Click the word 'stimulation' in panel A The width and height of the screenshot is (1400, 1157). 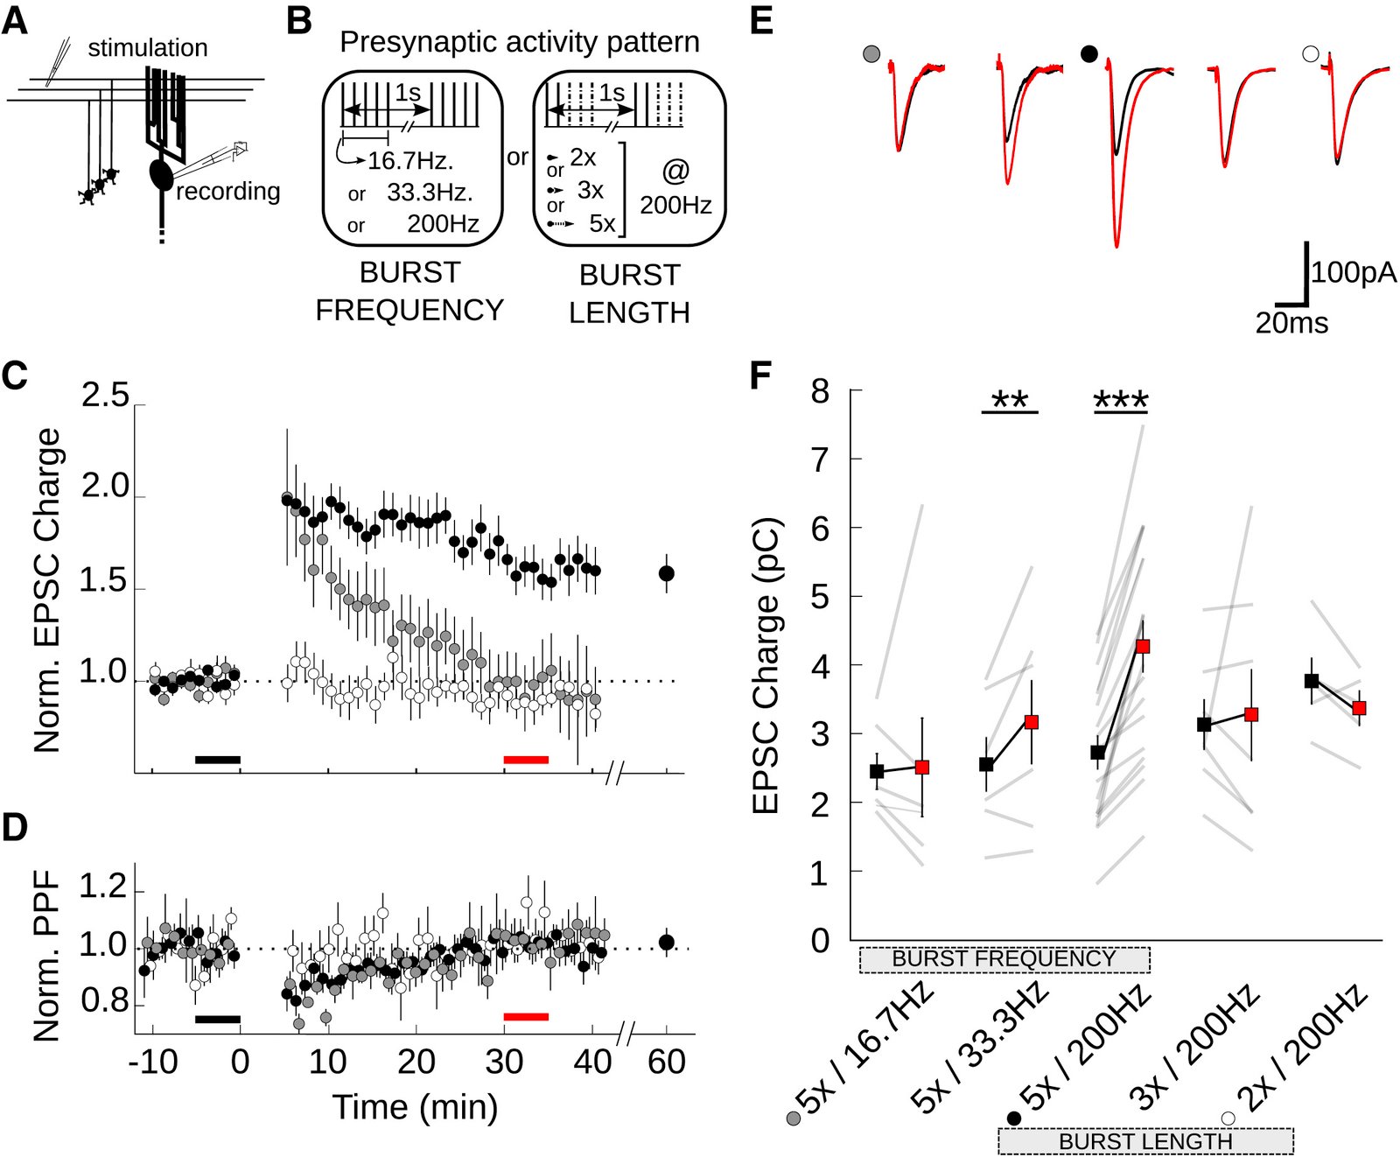point(148,48)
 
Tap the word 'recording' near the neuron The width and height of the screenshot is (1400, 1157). point(228,191)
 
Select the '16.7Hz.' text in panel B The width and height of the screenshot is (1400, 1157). point(410,161)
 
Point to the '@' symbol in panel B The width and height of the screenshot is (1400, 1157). point(675,171)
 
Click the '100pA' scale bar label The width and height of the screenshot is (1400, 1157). point(1354,273)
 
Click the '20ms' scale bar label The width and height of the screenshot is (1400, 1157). point(1291,323)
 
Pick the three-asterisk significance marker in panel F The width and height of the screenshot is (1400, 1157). point(1121,402)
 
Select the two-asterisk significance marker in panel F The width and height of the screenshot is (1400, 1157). point(1010,402)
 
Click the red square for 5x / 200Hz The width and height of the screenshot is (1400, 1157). point(1143,646)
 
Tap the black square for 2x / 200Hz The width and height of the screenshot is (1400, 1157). point(1312,680)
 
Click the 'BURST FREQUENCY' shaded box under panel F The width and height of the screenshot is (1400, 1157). point(1004,959)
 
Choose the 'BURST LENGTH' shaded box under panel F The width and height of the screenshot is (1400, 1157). point(1145,1141)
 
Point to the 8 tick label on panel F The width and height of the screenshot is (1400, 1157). point(820,391)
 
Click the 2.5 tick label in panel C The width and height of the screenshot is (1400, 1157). point(105,396)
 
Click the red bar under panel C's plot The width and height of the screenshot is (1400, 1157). point(526,760)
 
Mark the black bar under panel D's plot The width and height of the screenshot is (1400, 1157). point(217,1019)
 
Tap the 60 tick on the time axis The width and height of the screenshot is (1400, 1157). point(667,1062)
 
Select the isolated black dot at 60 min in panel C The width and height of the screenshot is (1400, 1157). point(667,573)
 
